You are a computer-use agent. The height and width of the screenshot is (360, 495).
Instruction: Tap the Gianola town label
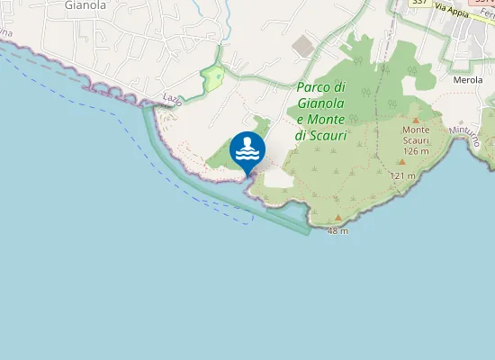pos(85,5)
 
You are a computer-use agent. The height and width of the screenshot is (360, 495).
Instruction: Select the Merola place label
pos(468,80)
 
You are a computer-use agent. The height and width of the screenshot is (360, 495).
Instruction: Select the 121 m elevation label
pos(402,175)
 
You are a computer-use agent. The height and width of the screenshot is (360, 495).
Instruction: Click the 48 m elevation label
pos(337,231)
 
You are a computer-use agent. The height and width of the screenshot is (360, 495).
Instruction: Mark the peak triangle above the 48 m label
pos(337,218)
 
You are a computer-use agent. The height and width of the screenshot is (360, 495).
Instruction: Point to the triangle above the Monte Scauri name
pos(416,119)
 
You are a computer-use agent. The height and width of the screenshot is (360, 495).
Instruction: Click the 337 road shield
pos(418,3)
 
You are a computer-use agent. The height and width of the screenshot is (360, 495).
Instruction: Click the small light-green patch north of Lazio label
pos(213,80)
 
